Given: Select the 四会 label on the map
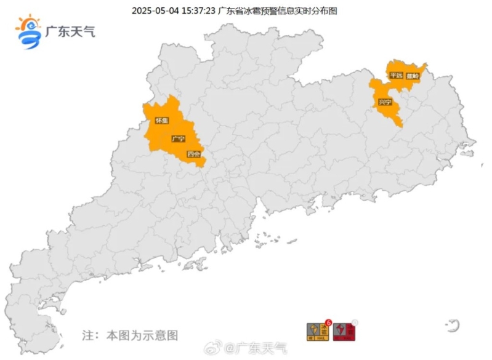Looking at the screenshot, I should point(193,154).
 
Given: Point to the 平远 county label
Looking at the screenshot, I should point(395,75).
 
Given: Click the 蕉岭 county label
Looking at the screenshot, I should point(412,76).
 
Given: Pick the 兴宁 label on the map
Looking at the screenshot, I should point(385,102).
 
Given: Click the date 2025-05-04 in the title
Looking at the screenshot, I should point(153,10).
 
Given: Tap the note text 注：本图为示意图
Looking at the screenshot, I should point(130,335).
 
